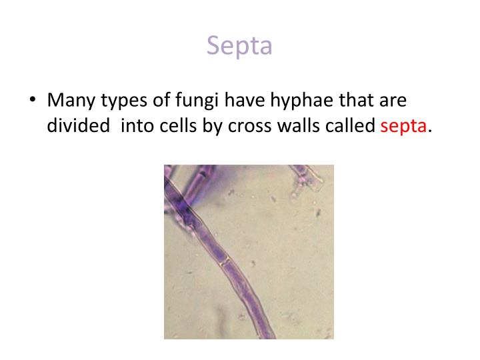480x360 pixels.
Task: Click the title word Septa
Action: pos(239,45)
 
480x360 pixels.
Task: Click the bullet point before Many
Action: pos(33,101)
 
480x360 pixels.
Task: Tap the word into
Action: pos(136,125)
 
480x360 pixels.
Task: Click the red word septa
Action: pos(404,127)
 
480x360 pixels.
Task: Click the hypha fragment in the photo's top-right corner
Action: pos(307,175)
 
